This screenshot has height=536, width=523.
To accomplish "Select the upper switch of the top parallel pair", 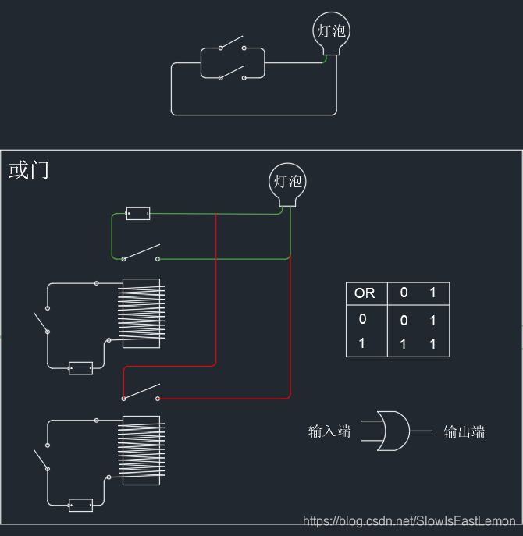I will coord(232,42).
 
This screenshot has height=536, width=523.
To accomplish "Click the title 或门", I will coord(29,169).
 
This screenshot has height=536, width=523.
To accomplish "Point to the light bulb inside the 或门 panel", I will coord(287,183).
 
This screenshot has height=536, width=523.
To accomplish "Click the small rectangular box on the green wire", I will coord(137,213).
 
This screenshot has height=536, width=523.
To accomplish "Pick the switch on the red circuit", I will coord(141,392).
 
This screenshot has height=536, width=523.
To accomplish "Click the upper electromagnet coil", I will coord(141,313).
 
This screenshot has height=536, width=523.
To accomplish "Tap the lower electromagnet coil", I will coord(141,451).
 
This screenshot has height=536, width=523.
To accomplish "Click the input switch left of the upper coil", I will coord(41,321).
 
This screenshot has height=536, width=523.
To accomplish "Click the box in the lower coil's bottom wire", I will coord(80,505).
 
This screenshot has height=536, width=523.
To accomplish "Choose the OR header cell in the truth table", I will coord(365,293).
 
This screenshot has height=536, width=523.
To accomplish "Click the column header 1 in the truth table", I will coord(432,293).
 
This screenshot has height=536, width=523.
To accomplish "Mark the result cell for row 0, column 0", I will coord(404,320).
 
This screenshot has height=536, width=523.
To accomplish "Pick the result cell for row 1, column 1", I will coord(432,344).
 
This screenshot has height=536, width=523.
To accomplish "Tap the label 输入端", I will coord(329,431).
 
